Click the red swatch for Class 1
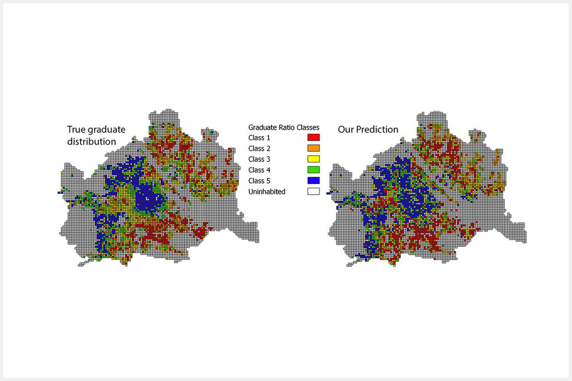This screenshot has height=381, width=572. tap(313, 137)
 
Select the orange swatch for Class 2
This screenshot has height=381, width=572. tap(313, 148)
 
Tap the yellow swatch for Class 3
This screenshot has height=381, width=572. tap(313, 159)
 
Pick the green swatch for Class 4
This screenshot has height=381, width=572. tap(313, 170)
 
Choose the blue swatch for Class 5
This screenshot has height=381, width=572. tap(313, 180)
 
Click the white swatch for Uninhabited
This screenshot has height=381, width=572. tap(313, 192)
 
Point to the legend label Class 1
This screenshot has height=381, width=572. tap(259, 137)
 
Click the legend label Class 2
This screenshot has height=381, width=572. tap(259, 148)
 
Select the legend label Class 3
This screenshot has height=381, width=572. tap(259, 159)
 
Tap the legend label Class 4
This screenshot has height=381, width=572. tap(259, 170)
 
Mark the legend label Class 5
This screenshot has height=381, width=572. tap(259, 180)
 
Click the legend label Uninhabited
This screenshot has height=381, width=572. tap(267, 192)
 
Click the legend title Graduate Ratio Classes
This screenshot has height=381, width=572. tap(284, 127)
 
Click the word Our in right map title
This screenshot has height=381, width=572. tap(345, 130)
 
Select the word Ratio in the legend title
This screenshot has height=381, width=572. tap(287, 127)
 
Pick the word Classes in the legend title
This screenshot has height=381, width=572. tap(308, 127)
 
